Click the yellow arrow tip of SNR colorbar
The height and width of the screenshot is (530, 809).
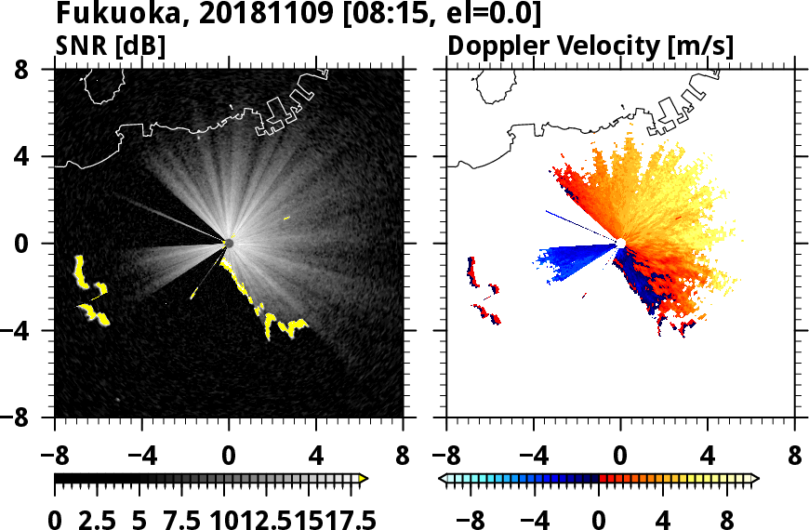coord(365,479)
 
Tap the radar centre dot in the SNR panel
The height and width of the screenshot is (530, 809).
coord(229,243)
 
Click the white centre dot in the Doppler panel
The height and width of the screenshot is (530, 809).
coord(620,243)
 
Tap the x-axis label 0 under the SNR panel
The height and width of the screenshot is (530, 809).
coord(229,457)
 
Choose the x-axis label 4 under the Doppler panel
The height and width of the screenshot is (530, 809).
coord(708,457)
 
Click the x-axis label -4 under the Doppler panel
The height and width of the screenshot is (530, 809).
coord(528,457)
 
